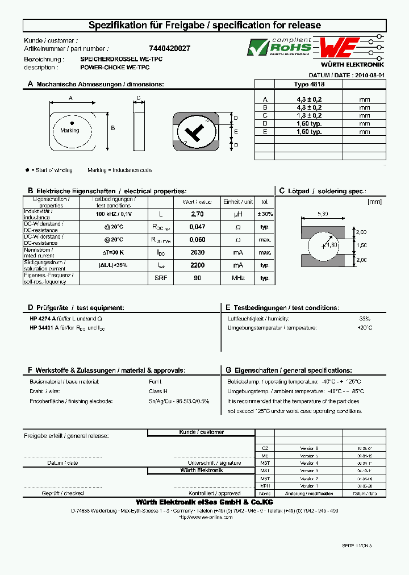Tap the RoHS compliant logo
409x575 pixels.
pyautogui.click(x=279, y=47)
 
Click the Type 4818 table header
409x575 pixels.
pyautogui.click(x=309, y=84)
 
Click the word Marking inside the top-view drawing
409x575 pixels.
pyautogui.click(x=70, y=131)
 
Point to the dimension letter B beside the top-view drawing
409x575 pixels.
pyautogui.click(x=112, y=128)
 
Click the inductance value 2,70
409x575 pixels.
pyautogui.click(x=197, y=214)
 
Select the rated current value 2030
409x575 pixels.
pyautogui.click(x=197, y=252)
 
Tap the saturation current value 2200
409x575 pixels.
pyautogui.click(x=197, y=265)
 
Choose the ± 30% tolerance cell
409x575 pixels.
pyautogui.click(x=265, y=214)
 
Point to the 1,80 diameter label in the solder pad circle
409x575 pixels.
pyautogui.click(x=332, y=245)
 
